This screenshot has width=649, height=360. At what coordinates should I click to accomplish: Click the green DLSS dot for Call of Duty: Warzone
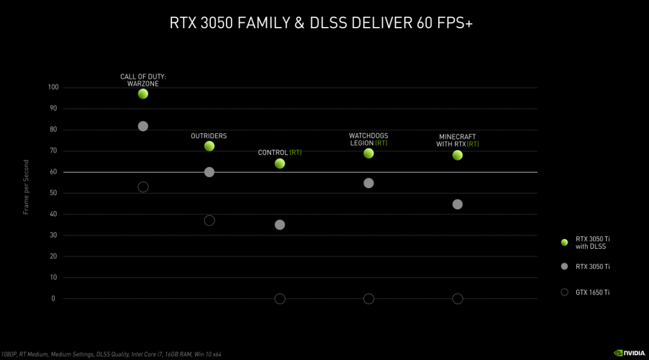pyautogui.click(x=143, y=94)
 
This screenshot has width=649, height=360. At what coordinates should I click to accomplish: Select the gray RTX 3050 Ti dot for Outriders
pyautogui.click(x=209, y=172)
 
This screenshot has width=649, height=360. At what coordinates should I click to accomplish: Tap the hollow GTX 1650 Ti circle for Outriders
pyautogui.click(x=209, y=221)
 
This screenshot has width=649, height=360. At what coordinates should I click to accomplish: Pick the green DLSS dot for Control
pyautogui.click(x=279, y=163)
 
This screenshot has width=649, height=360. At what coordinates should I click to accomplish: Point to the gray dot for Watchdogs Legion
pyautogui.click(x=368, y=183)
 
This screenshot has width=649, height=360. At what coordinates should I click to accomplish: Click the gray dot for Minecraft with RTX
pyautogui.click(x=457, y=204)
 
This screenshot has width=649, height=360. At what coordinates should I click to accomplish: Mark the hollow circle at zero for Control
pyautogui.click(x=279, y=299)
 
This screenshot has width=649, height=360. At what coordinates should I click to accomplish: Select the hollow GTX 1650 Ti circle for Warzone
pyautogui.click(x=143, y=187)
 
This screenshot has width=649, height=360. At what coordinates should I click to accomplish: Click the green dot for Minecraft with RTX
pyautogui.click(x=457, y=155)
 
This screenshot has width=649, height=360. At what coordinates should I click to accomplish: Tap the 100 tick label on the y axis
pyautogui.click(x=53, y=87)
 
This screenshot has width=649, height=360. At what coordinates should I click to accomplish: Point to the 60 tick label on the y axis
pyautogui.click(x=53, y=172)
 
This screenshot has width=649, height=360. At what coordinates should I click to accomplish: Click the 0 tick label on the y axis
pyautogui.click(x=53, y=299)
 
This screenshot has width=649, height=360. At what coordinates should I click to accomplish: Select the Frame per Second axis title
pyautogui.click(x=26, y=188)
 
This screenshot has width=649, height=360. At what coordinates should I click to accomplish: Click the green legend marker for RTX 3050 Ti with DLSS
pyautogui.click(x=564, y=242)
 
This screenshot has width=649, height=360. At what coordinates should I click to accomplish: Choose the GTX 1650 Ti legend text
pyautogui.click(x=593, y=292)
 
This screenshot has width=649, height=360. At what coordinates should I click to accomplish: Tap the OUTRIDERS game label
pyautogui.click(x=209, y=136)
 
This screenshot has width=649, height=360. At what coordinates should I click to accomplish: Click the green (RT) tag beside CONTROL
pyautogui.click(x=296, y=153)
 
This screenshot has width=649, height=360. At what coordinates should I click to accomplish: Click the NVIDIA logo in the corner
pyautogui.click(x=629, y=353)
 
